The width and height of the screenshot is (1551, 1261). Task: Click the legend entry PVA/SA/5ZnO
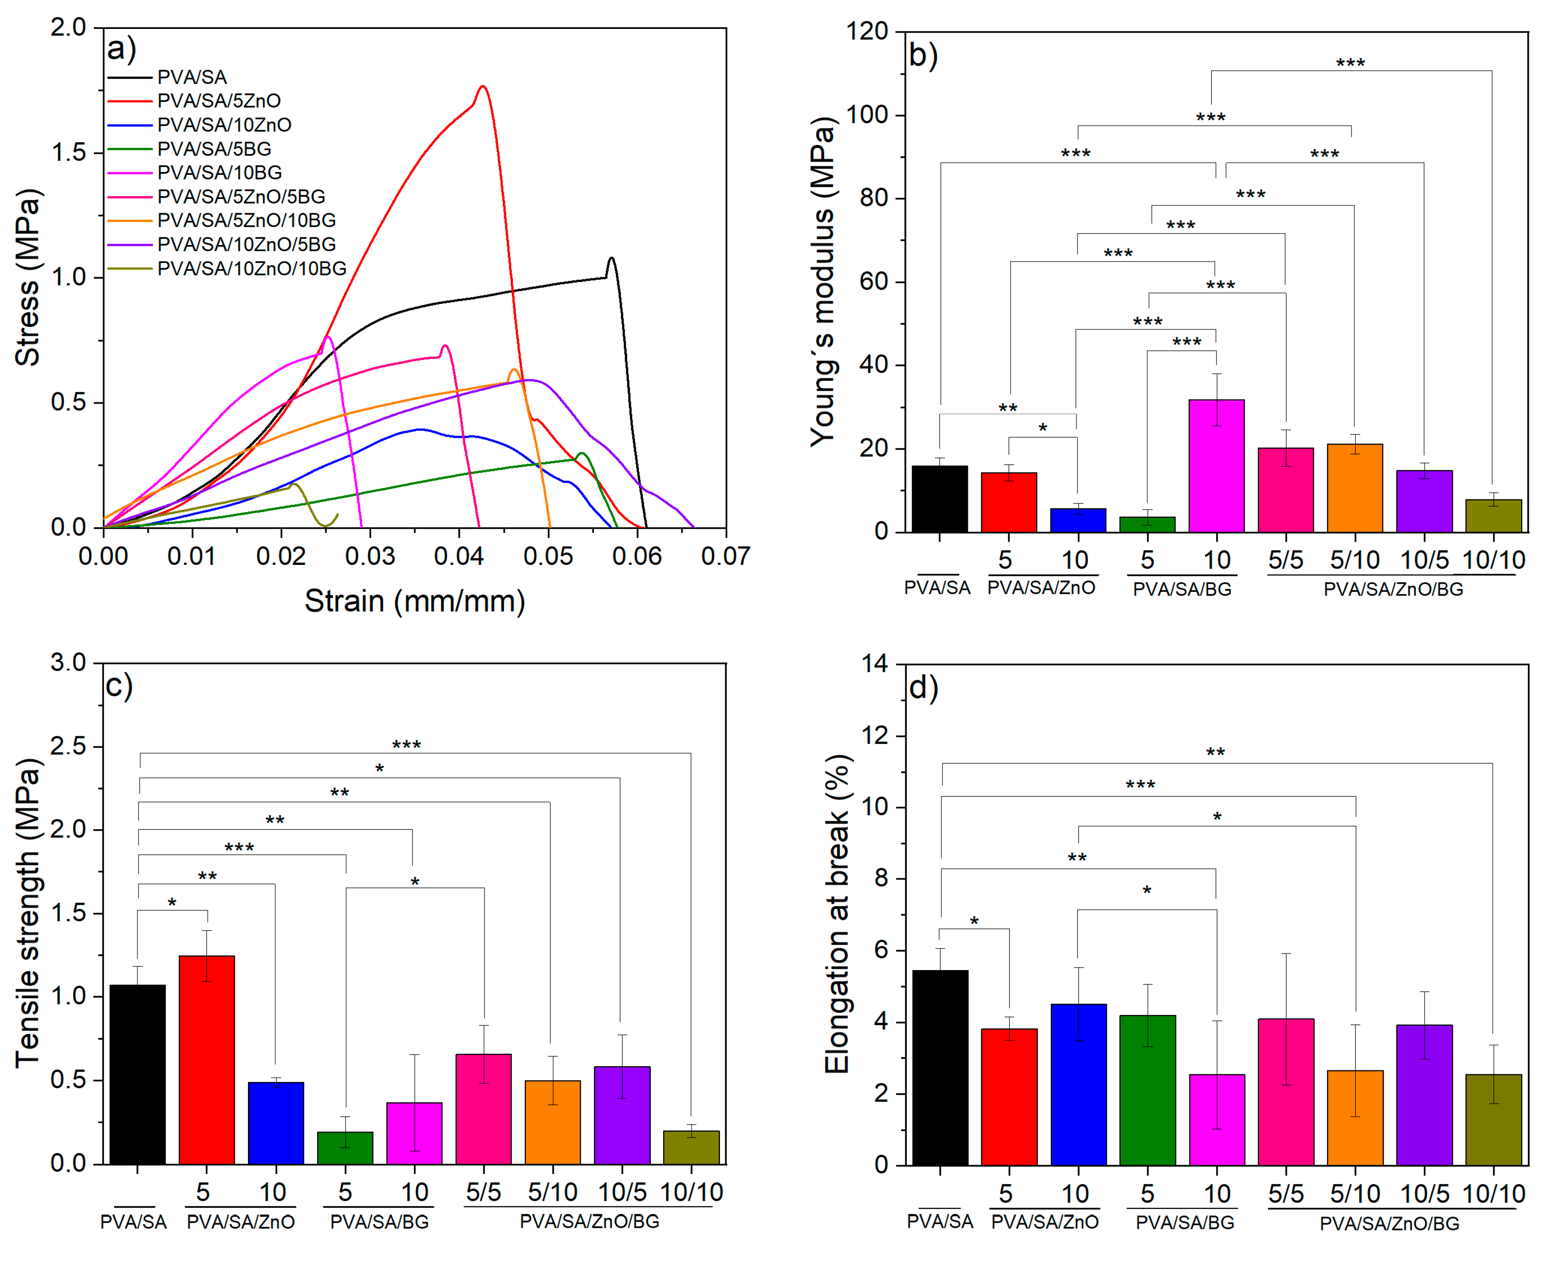tap(218, 101)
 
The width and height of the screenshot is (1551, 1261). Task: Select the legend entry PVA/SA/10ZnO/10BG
tap(251, 269)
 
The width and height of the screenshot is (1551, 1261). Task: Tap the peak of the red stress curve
tap(483, 86)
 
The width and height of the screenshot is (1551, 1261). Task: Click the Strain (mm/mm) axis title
tap(414, 601)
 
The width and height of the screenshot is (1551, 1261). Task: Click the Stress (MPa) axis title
tap(27, 278)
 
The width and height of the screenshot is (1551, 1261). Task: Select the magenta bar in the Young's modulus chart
tap(1216, 466)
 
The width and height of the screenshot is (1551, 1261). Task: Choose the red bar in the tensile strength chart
tap(206, 1060)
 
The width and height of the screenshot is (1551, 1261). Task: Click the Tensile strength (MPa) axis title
tap(27, 913)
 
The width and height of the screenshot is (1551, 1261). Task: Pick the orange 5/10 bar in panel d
tap(1355, 1117)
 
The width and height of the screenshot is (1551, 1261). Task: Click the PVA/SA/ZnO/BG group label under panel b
tap(1393, 589)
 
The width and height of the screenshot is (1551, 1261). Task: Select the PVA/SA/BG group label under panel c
tap(379, 1222)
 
